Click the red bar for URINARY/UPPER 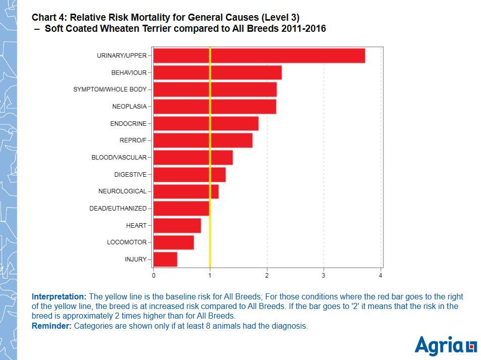(x=259, y=56)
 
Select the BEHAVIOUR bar (x=217, y=73)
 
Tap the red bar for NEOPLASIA (x=214, y=107)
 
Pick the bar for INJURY (x=165, y=259)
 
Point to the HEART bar (x=177, y=225)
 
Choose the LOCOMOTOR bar (x=173, y=242)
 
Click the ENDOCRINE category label (x=128, y=124)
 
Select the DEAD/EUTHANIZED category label (x=118, y=209)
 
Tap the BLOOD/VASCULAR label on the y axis (x=119, y=158)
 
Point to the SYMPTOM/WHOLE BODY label (x=110, y=89)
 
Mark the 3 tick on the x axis (x=324, y=276)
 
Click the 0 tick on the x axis (x=154, y=276)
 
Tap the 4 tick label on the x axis (x=380, y=276)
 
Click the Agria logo (x=445, y=346)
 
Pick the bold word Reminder (x=52, y=326)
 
